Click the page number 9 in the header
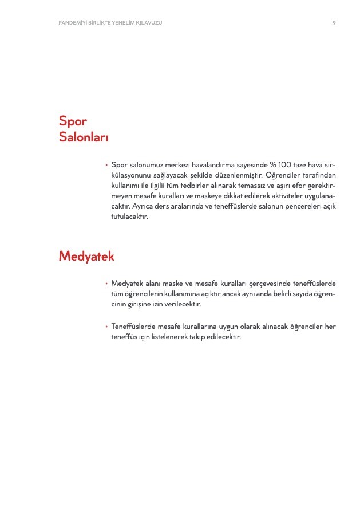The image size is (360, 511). click(x=334, y=22)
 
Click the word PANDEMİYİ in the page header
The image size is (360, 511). click(x=73, y=22)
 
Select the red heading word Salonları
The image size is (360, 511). click(x=84, y=137)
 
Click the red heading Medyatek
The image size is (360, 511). click(x=86, y=256)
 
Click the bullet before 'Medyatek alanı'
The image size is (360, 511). click(x=106, y=284)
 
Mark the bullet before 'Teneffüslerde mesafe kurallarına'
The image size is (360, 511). click(x=106, y=327)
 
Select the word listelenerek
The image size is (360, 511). click(x=163, y=337)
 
